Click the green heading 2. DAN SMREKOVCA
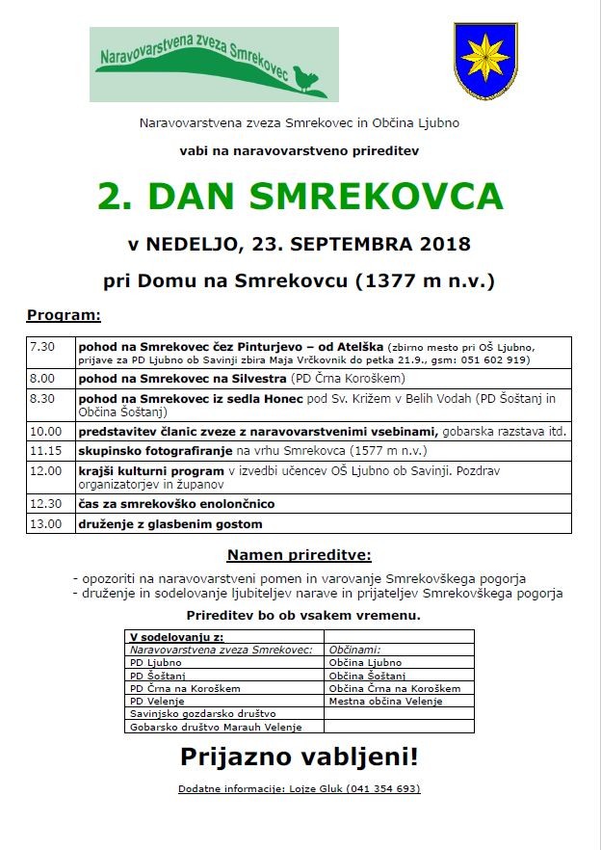[x=300, y=197]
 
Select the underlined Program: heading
[x=64, y=315]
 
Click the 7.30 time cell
[x=43, y=346]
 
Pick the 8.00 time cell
[x=43, y=378]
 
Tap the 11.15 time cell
[x=46, y=450]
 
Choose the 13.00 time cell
[x=46, y=523]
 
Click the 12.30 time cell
[x=46, y=503]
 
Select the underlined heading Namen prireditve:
[x=299, y=556]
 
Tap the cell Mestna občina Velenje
[x=385, y=701]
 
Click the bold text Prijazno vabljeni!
[x=299, y=757]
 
